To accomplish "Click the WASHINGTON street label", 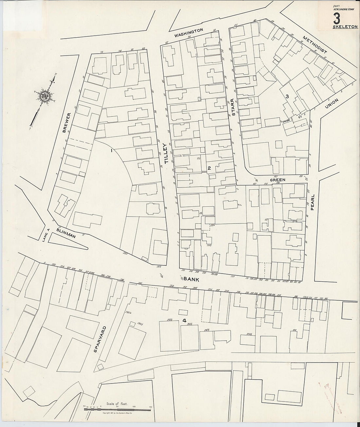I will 189,32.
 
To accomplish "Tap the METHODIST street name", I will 315,45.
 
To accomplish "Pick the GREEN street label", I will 278,180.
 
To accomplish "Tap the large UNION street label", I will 333,104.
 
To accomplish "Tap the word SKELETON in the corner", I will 345,27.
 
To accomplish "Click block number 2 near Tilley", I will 208,168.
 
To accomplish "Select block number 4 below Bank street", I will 185,321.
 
